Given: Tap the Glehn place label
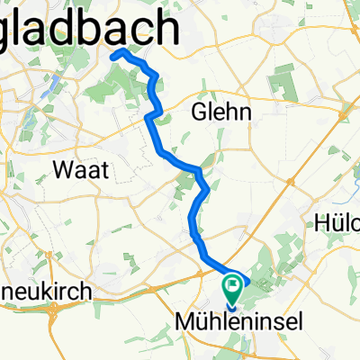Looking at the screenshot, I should (x=220, y=111).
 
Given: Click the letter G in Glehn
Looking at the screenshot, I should (x=199, y=111).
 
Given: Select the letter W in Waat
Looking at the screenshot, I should (x=63, y=168).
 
